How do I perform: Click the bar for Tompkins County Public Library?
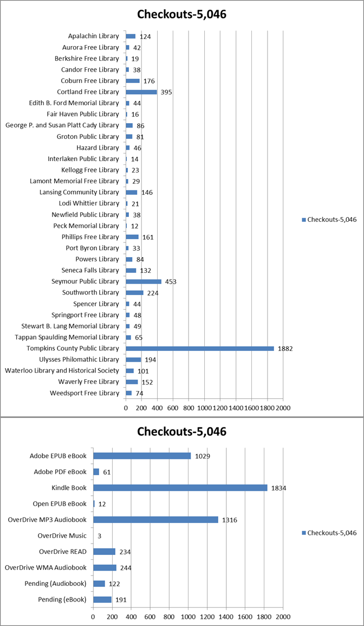200,349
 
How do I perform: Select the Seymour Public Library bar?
144,282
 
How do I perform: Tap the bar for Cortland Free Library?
141,92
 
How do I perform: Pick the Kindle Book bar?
180,488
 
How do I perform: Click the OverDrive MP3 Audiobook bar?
155,519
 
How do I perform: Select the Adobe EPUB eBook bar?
142,456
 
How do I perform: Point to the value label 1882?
285,349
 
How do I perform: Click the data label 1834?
278,488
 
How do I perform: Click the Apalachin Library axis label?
93,36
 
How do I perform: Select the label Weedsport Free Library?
84,393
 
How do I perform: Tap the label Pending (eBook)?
62,599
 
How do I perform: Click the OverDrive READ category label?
63,551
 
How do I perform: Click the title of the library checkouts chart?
182,14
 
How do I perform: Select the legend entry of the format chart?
329,533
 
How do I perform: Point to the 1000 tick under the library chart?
204,408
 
